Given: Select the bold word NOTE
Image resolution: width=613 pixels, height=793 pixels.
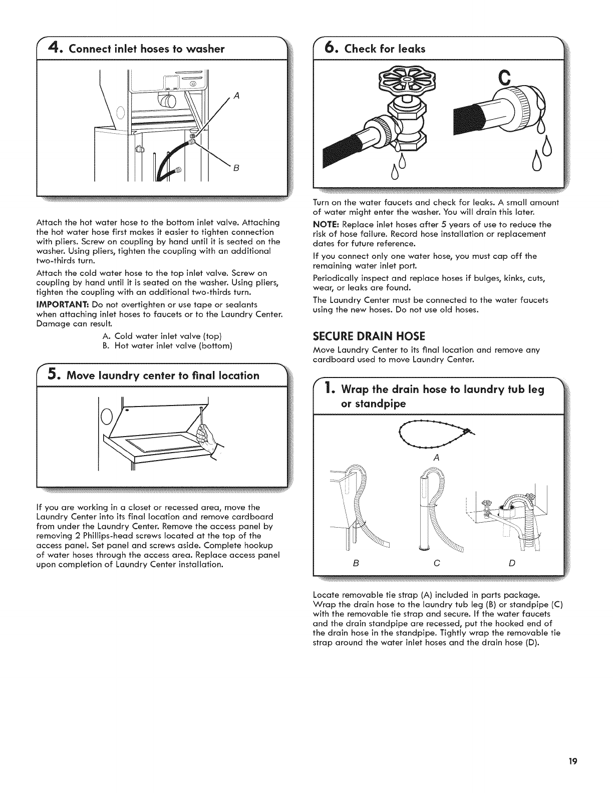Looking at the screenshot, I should point(325,224).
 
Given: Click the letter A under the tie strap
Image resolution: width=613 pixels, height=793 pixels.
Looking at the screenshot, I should point(436,458).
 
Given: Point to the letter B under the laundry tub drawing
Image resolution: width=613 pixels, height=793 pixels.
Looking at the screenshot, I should point(356,563).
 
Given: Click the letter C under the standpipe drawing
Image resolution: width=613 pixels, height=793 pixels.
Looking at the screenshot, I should point(436,563).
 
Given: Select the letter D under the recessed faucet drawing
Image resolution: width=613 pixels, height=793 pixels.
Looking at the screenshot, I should point(512,563).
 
